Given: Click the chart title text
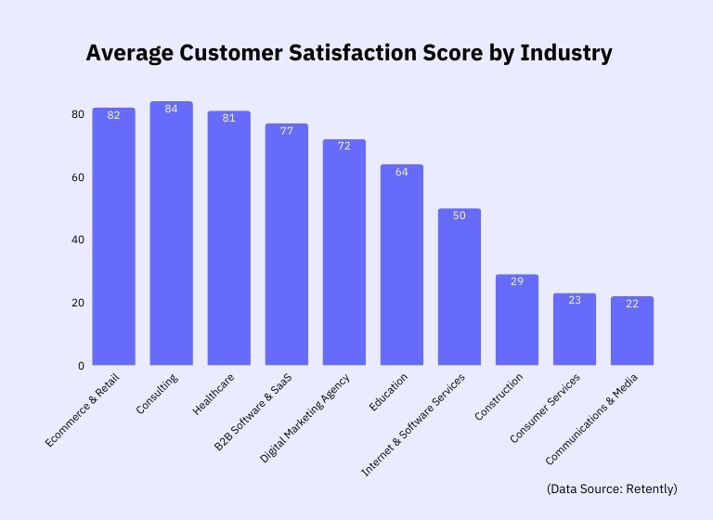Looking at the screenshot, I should (x=349, y=54).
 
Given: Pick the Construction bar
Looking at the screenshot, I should (x=516, y=320).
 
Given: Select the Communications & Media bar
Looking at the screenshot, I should (x=631, y=331).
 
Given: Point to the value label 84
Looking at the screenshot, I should (x=171, y=109).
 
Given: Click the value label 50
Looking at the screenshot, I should (x=459, y=215).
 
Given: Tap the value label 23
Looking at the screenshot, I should (x=574, y=300).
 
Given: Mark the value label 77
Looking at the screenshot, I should (x=286, y=131).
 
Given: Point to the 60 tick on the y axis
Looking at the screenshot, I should (x=78, y=177).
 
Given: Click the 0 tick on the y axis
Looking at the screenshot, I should (x=81, y=366).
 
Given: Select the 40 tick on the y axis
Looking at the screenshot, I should (x=78, y=240).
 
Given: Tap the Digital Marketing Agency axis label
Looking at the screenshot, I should (x=306, y=417).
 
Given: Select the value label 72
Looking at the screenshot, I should (x=344, y=147).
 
